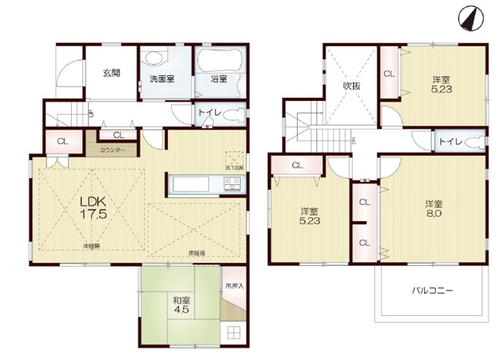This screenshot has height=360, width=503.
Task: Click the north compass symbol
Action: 469,17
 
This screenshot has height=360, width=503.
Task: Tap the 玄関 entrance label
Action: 111,73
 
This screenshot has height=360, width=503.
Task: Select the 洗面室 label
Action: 162,79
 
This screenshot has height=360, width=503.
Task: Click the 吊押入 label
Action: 234,285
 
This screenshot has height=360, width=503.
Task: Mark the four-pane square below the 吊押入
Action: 234,332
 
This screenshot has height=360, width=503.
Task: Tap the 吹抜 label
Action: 352,86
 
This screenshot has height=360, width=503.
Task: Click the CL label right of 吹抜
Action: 389,74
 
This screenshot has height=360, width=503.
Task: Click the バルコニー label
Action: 432,291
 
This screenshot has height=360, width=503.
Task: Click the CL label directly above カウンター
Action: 116,134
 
